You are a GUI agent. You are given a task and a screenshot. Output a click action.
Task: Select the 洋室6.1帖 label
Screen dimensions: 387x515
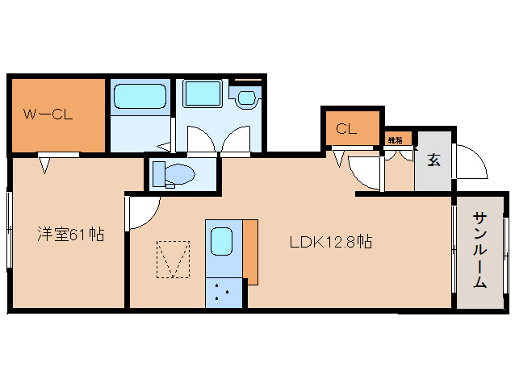coord(70,235)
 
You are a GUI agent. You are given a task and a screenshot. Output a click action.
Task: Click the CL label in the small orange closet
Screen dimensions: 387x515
coord(346,128)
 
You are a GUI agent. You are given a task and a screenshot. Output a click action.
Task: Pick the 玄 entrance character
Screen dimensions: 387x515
coord(433,160)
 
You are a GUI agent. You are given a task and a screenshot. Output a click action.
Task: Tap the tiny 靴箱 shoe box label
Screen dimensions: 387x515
coord(396,139)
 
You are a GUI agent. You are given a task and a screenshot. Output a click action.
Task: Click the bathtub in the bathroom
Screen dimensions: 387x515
coord(140,97)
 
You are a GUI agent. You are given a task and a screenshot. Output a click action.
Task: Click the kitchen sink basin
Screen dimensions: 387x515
coord(221,242)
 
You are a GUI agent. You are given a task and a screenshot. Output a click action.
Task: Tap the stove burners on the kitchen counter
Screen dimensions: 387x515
coord(222,293)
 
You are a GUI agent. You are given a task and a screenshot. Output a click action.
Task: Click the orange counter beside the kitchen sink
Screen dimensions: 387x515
coord(251,251)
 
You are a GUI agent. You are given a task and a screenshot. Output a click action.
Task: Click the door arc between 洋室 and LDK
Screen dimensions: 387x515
coord(140,211)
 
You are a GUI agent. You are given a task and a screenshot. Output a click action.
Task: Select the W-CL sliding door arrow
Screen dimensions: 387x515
coord(47,164)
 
